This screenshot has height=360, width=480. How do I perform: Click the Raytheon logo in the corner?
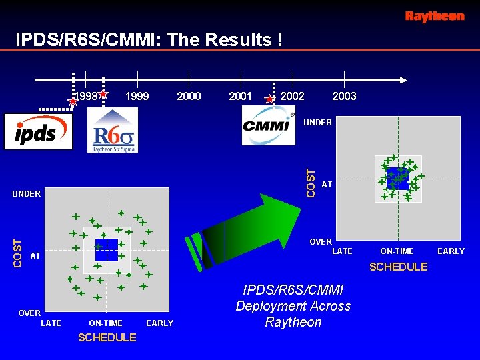pyautogui.click(x=435, y=17)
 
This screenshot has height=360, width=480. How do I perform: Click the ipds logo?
pyautogui.click(x=37, y=132)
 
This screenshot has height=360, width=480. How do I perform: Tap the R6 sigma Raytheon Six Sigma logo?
pyautogui.click(x=113, y=131)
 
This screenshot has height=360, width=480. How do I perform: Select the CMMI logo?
pyautogui.click(x=268, y=126)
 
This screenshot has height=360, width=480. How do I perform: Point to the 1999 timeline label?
pyautogui.click(x=137, y=97)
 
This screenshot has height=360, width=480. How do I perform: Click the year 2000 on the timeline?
pyautogui.click(x=189, y=97)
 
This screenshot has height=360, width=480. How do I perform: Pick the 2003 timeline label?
pyautogui.click(x=344, y=97)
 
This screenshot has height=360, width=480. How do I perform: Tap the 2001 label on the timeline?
pyautogui.click(x=240, y=97)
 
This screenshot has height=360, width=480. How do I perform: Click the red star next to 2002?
pyautogui.click(x=269, y=99)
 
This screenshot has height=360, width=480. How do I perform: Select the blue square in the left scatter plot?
pyautogui.click(x=107, y=250)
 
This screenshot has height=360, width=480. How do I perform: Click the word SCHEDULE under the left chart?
pyautogui.click(x=107, y=338)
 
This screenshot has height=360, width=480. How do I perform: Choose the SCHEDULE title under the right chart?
pyautogui.click(x=398, y=267)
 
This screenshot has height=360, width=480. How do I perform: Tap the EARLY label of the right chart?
pyautogui.click(x=451, y=251)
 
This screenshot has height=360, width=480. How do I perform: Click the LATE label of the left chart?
pyautogui.click(x=51, y=323)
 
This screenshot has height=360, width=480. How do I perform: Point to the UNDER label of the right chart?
pyautogui.click(x=317, y=123)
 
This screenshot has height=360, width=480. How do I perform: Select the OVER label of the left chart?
pyautogui.click(x=29, y=313)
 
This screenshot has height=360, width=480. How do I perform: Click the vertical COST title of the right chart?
pyautogui.click(x=310, y=182)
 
